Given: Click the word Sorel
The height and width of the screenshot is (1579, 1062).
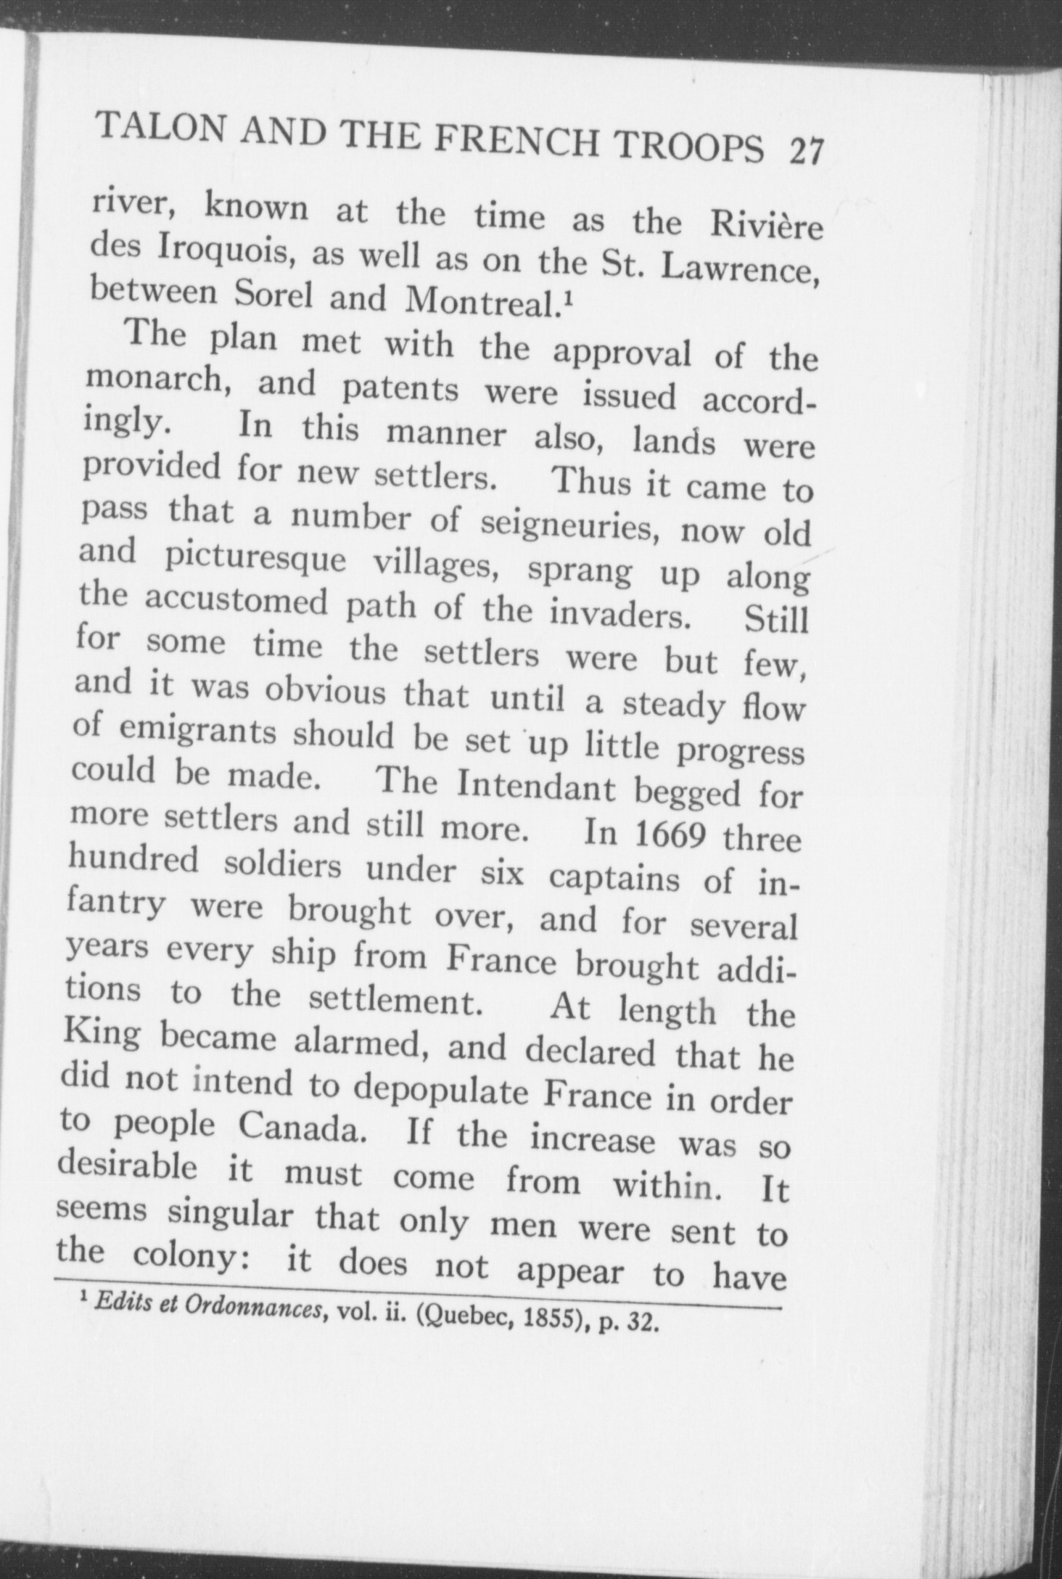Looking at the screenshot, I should coord(273,295).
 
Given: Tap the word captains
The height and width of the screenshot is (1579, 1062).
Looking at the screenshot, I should coord(614,878).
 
